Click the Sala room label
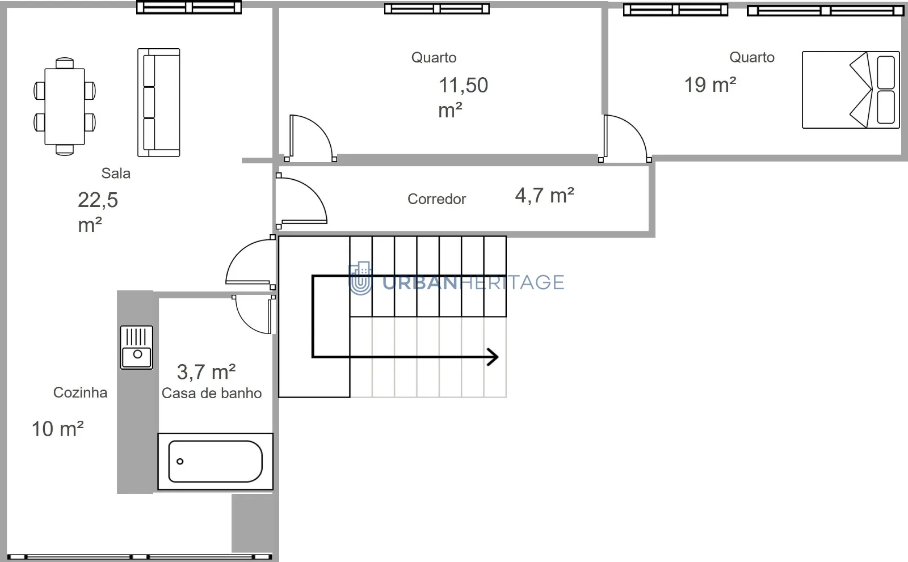116,174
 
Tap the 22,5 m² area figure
98,212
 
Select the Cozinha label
80,392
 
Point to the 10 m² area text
57,429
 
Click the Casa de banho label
212,393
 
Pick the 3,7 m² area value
207,371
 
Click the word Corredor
436,199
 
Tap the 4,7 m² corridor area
544,195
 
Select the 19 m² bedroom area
710,84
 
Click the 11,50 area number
463,86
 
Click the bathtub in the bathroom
215,462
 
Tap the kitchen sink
137,348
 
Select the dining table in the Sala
65,107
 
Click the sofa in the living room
159,103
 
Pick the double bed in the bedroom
851,90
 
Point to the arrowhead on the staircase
494,357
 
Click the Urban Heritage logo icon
360,278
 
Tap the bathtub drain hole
180,461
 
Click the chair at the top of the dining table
65,63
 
